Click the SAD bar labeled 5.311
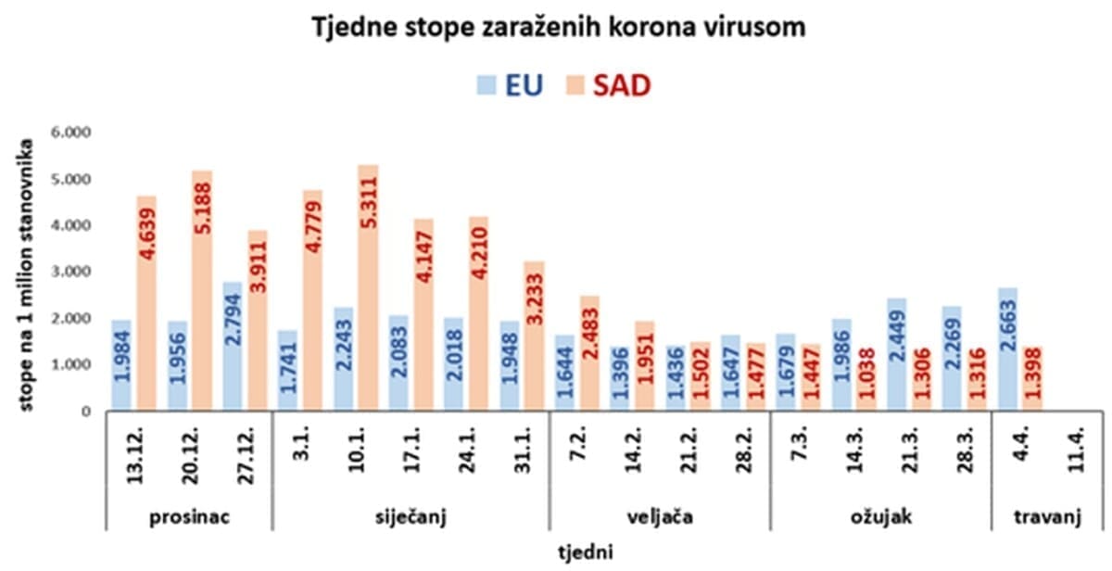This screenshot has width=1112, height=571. click(368, 287)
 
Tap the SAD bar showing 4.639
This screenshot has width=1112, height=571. click(146, 302)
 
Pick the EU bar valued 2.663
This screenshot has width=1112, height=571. click(1007, 349)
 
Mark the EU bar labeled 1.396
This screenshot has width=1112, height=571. click(619, 379)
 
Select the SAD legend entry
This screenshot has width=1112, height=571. click(608, 85)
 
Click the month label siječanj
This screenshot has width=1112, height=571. click(410, 515)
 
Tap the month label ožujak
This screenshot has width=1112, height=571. click(880, 515)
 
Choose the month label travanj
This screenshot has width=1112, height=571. click(1048, 515)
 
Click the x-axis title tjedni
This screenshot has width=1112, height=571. click(587, 552)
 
